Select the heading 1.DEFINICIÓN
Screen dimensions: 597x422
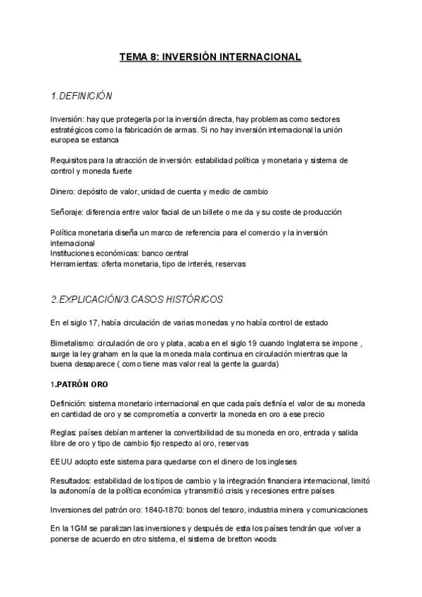coord(82,95)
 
